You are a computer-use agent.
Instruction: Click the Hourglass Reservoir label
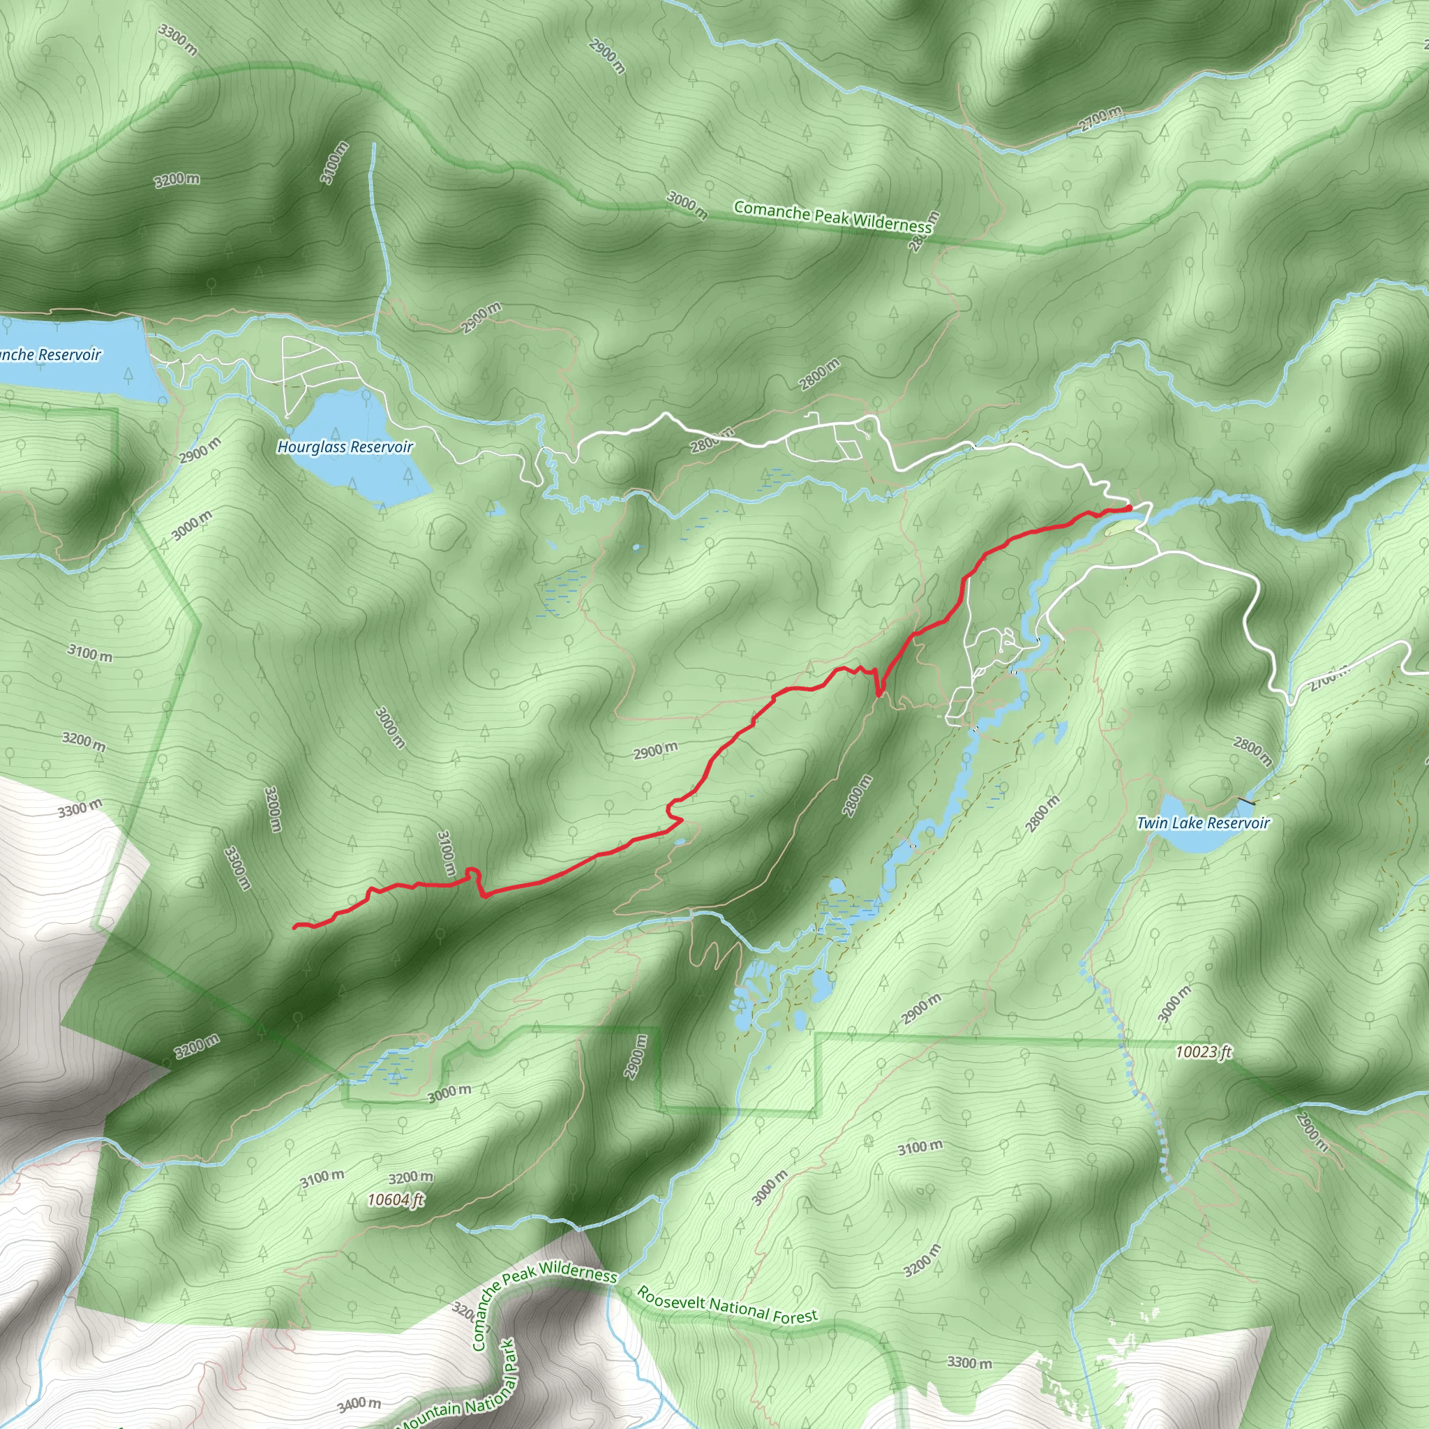click(345, 447)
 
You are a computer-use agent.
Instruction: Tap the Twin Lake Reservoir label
click(1203, 823)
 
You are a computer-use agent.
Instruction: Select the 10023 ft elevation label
click(1204, 1051)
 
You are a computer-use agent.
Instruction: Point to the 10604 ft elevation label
click(396, 1199)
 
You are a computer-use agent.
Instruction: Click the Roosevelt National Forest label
click(727, 1305)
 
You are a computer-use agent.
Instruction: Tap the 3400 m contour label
click(359, 1404)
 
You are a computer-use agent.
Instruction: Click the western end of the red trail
click(295, 925)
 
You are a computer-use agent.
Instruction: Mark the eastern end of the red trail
click(1129, 507)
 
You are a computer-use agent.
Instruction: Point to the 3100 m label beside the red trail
click(445, 853)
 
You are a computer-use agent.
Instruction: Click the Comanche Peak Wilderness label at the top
click(833, 218)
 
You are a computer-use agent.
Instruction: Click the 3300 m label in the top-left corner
click(177, 39)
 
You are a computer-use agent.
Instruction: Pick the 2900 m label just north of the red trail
click(655, 751)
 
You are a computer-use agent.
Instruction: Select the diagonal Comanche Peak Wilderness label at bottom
click(544, 1292)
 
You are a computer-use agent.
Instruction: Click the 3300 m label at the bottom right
click(969, 1362)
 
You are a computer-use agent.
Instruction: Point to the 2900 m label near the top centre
click(606, 56)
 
